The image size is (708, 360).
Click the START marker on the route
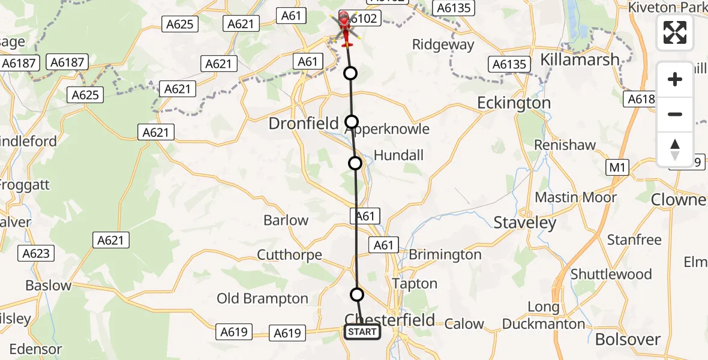click(362, 332)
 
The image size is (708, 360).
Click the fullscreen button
click(675, 33)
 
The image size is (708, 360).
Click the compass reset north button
click(675, 149)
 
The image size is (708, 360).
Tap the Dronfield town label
click(304, 124)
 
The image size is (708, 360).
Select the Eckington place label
click(514, 103)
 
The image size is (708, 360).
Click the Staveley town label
click(525, 223)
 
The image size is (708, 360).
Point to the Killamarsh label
click(580, 59)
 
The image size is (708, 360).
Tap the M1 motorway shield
click(617, 168)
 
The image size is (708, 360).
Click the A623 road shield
click(36, 253)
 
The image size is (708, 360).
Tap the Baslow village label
click(48, 285)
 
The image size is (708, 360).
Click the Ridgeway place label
click(443, 44)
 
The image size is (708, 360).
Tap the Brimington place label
click(445, 255)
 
